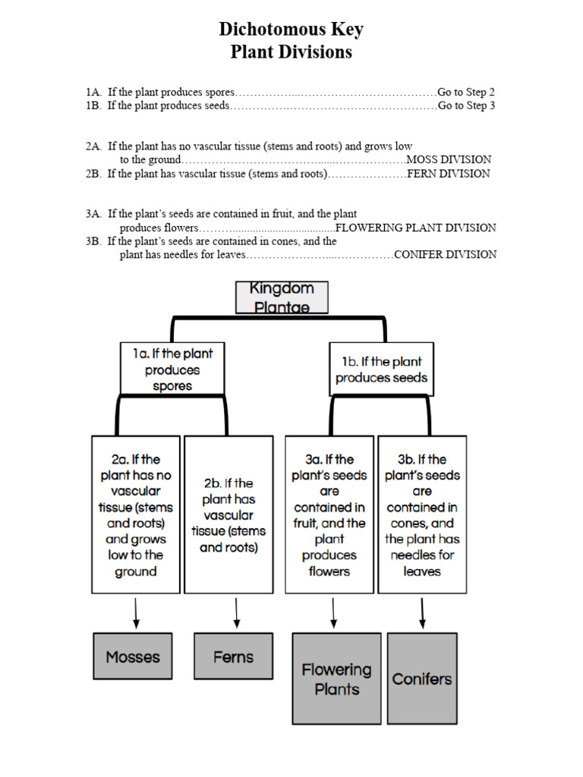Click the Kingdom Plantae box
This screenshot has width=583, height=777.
click(282, 297)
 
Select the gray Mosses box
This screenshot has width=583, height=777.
click(133, 656)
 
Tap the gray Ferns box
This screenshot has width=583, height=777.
click(233, 656)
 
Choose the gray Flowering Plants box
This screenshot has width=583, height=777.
click(336, 678)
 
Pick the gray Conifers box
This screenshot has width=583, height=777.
click(422, 678)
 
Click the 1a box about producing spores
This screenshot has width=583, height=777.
click(172, 369)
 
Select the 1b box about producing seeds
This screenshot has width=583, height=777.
click(381, 369)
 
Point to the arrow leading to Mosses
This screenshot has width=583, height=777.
click(136, 612)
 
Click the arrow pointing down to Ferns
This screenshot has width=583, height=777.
click(236, 612)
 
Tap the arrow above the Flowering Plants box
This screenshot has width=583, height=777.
click(332, 612)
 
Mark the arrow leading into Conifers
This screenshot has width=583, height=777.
click(422, 612)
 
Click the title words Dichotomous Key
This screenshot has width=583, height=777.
click(291, 30)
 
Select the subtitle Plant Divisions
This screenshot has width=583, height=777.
click(291, 52)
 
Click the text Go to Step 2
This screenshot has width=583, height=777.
click(466, 92)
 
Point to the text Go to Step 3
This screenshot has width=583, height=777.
click(466, 105)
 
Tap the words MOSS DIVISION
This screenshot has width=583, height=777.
click(449, 159)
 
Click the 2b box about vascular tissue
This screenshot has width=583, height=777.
click(228, 514)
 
